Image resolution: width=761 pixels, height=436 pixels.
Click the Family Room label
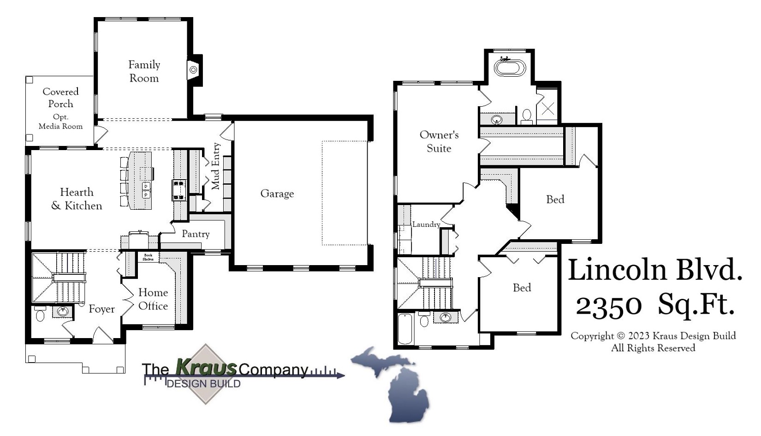tap(144, 72)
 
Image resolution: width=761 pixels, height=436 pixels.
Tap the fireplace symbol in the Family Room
tap(194, 70)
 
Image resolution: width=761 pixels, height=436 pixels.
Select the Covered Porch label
tap(60, 97)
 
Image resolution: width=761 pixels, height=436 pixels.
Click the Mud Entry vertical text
tap(215, 166)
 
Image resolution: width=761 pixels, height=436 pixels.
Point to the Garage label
tap(277, 194)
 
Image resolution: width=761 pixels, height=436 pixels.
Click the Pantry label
tap(196, 234)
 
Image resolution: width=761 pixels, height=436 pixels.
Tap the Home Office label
tap(153, 299)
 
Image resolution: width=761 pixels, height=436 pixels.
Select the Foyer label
tap(101, 309)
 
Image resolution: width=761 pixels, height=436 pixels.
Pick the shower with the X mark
tap(547, 109)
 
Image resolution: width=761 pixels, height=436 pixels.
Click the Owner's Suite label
tap(439, 141)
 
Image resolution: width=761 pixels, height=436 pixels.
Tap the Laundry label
tap(426, 224)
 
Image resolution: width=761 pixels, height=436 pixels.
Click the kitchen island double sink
tap(146, 190)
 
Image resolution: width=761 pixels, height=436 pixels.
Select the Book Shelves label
tap(148, 257)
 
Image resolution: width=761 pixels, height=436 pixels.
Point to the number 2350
tap(608, 305)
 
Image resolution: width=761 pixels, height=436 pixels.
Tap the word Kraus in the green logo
tap(206, 368)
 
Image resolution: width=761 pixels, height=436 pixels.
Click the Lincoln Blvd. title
tap(654, 270)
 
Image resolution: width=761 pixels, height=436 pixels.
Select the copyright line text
tap(653, 336)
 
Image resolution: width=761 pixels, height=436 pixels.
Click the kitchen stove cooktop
tap(179, 190)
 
